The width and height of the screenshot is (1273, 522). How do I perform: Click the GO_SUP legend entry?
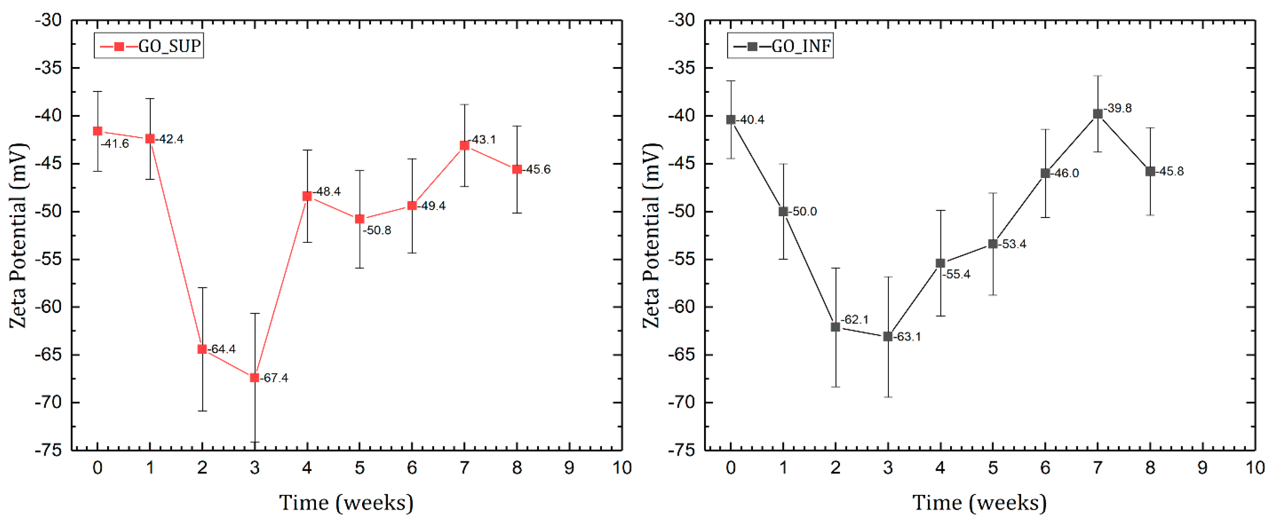click(x=149, y=46)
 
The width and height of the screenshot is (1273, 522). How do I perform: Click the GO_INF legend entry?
click(x=781, y=46)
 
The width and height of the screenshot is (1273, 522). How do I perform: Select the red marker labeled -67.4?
click(x=255, y=378)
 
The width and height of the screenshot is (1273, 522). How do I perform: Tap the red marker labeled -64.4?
click(x=202, y=349)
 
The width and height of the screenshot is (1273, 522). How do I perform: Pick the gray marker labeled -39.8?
click(x=1098, y=114)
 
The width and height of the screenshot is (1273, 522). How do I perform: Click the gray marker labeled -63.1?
click(x=888, y=337)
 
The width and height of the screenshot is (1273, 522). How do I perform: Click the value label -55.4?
click(x=956, y=274)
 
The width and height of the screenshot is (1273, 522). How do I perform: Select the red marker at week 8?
click(x=517, y=169)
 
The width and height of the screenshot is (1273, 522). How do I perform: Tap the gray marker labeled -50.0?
click(x=783, y=211)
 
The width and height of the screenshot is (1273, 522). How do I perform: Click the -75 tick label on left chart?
click(x=48, y=450)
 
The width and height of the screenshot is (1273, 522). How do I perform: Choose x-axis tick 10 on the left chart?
click(x=622, y=468)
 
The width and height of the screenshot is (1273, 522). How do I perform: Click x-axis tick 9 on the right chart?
click(x=1202, y=468)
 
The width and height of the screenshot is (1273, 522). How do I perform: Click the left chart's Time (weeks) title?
click(x=346, y=503)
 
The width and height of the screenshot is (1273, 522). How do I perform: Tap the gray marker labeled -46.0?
click(x=1045, y=173)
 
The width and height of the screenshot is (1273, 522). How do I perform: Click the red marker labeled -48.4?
click(x=307, y=197)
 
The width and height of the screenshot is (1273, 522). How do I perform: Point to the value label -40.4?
click(x=750, y=119)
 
